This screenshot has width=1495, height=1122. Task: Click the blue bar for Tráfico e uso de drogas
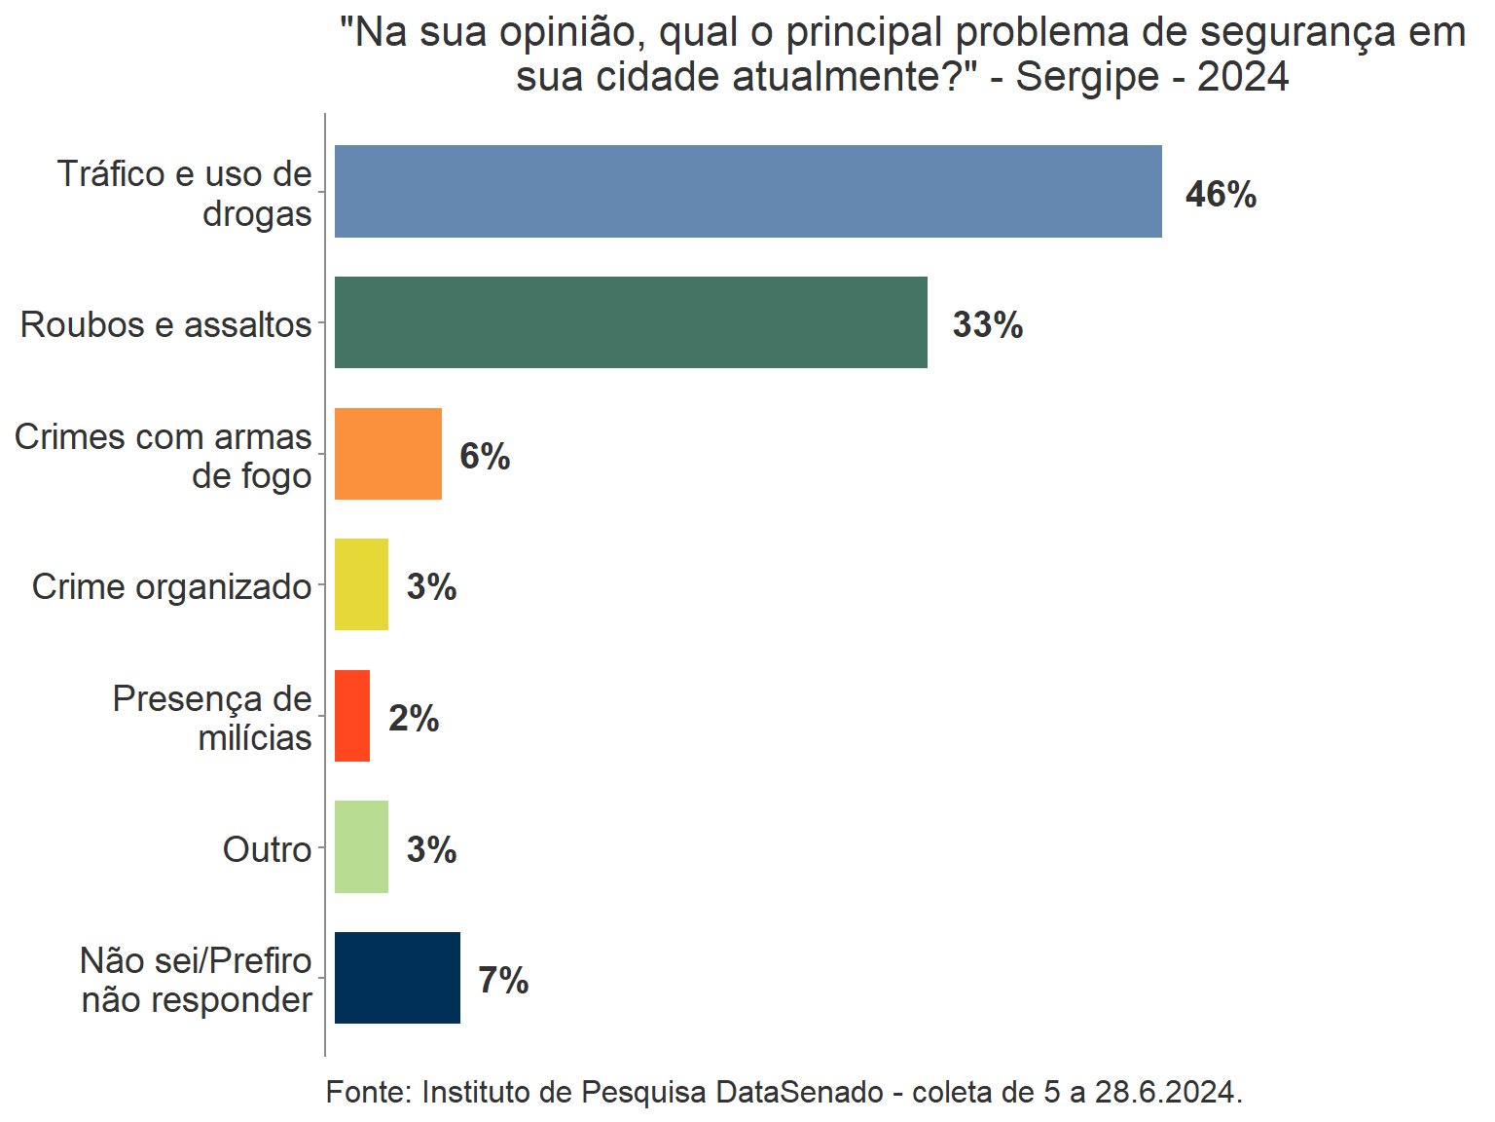[x=747, y=191]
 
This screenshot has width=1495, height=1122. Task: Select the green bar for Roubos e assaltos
[x=631, y=322]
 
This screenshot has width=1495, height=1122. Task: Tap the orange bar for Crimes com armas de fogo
[x=387, y=454]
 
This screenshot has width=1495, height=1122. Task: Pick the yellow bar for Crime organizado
[x=361, y=584]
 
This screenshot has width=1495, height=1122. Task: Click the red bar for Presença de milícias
[x=352, y=716]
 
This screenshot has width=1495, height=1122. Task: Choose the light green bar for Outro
[x=361, y=846]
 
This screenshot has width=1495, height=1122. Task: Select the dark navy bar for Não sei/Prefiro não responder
[x=397, y=978]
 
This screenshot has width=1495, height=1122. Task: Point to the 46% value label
[x=1221, y=195]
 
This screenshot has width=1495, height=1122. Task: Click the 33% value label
[x=987, y=325]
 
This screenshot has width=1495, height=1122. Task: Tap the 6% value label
[x=485, y=456]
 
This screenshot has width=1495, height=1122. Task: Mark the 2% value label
[x=414, y=719]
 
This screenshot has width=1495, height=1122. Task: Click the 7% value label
[x=503, y=980]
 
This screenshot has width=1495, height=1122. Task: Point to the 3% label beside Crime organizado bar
[x=431, y=587]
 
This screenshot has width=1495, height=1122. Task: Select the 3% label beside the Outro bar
[x=431, y=849]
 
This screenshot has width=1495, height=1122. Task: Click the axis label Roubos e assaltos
[x=165, y=324]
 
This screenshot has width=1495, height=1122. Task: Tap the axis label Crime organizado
[x=171, y=586]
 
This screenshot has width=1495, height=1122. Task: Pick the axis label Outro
[x=267, y=849]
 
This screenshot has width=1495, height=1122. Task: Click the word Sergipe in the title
[x=1087, y=77]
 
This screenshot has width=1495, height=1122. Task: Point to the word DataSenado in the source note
[x=799, y=1092]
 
